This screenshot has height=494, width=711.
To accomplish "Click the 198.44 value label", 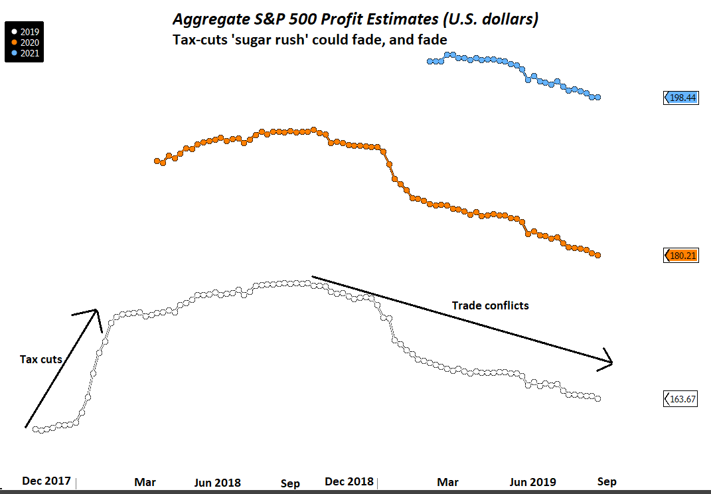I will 682,98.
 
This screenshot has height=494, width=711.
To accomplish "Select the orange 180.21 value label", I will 682,255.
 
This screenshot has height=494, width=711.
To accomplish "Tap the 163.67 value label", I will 682,399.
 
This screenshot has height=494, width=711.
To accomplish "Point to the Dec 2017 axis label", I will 46,481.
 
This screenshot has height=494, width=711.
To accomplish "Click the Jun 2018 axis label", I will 217,482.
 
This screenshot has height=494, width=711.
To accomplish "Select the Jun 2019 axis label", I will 533,482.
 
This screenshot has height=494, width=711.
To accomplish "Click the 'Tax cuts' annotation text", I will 41,359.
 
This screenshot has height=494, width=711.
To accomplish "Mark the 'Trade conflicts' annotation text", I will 491,305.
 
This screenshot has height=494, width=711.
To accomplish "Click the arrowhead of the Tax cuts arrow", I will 97,311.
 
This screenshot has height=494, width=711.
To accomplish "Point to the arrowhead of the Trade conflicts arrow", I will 609,362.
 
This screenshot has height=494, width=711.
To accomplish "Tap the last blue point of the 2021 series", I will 598,98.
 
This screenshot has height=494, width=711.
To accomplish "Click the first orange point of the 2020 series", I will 157,161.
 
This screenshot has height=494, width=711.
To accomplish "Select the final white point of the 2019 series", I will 598,399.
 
